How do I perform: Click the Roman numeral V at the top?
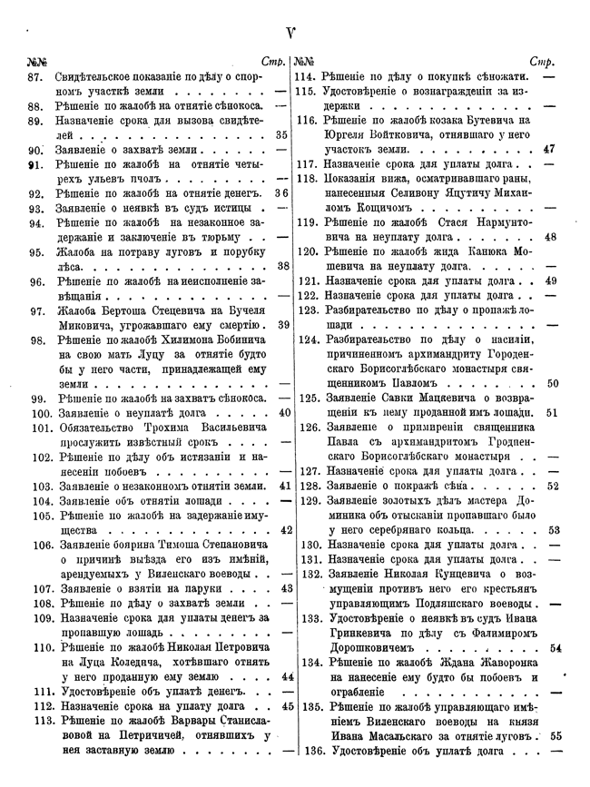[291, 35]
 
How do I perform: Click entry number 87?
[36, 78]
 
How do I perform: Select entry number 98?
[38, 340]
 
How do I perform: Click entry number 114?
[304, 78]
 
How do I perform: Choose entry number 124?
[305, 340]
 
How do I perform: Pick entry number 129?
[305, 501]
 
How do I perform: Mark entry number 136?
[305, 751]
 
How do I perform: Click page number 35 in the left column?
[281, 134]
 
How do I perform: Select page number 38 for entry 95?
[282, 266]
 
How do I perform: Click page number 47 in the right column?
[549, 148]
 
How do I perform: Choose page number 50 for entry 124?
[554, 384]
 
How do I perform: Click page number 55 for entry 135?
[556, 736]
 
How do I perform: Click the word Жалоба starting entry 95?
[77, 252]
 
